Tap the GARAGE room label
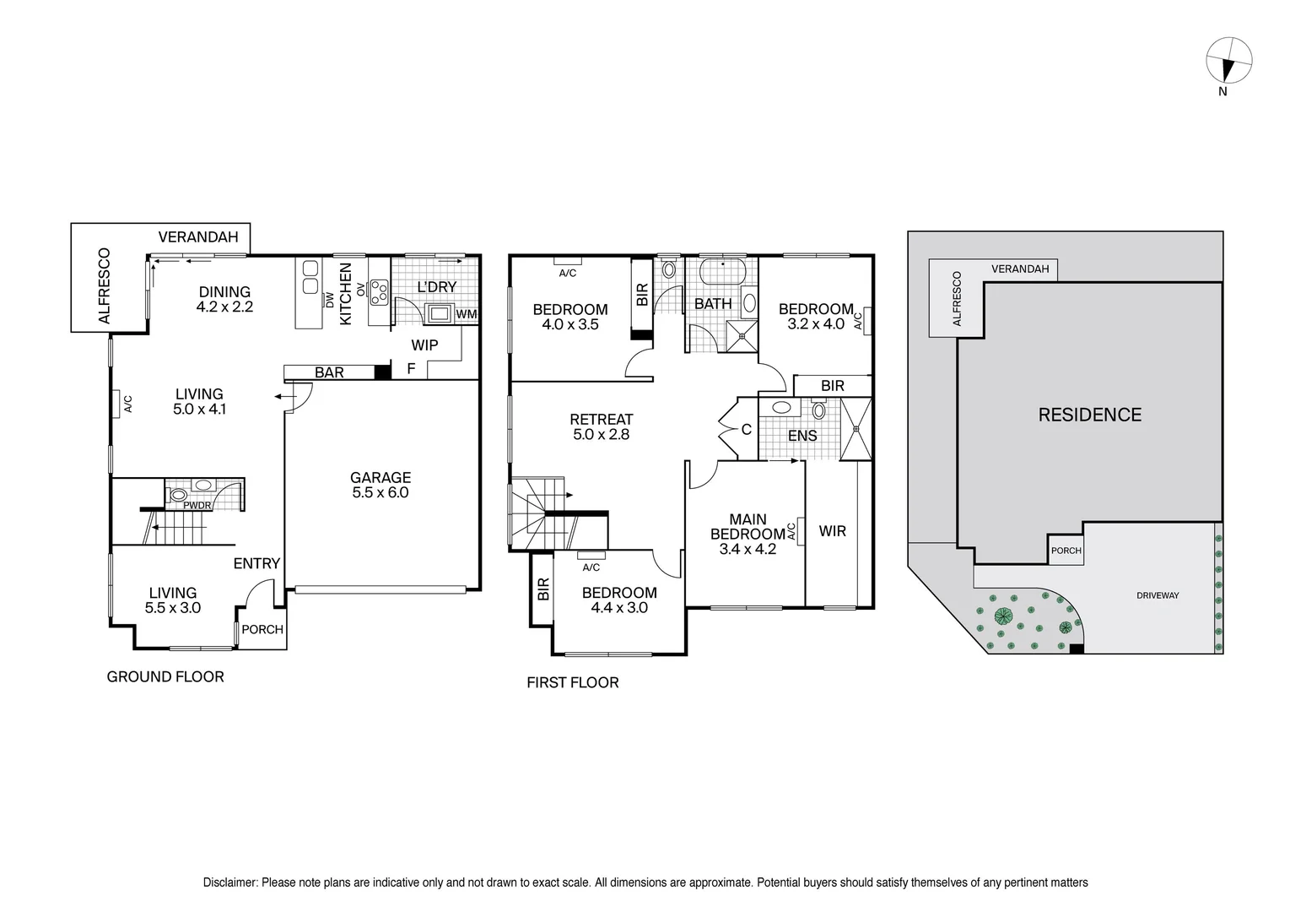coord(381,477)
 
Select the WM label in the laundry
coord(466,314)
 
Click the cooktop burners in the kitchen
coord(378,291)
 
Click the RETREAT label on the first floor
coord(602,419)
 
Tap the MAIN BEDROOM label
coord(748,527)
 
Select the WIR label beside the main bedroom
coord(832,531)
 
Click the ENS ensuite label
coord(802,436)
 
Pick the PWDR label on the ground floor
coord(197,506)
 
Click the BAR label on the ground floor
coord(329,372)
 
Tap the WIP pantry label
coord(424,345)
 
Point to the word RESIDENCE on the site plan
coord(1089,415)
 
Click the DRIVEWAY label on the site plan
coord(1158,595)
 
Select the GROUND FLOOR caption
coord(165,676)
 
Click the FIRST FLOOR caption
coord(572,682)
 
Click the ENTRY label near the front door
coord(256,563)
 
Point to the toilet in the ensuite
coord(818,410)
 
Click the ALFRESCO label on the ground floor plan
coord(104,285)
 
